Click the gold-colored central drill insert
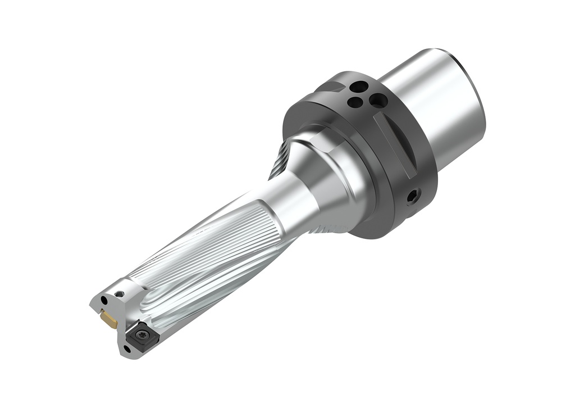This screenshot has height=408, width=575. [x=108, y=320]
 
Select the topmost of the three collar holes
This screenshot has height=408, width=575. [x=358, y=87]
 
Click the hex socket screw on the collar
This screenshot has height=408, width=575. [x=414, y=196]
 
